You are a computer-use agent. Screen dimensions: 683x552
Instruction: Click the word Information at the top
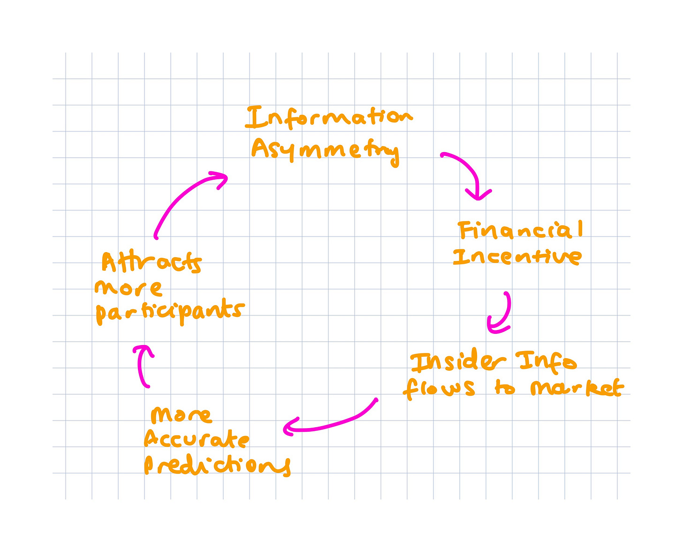tap(328, 117)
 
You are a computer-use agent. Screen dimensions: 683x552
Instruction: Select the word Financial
tap(521, 231)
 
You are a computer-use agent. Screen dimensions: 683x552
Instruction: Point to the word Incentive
tap(517, 257)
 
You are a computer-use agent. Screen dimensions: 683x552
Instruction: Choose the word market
tap(577, 388)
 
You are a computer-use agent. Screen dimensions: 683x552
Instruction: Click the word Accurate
tap(197, 440)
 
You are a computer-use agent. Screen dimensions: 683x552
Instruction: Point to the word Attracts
tap(152, 263)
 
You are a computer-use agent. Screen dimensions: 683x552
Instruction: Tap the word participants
tap(170, 312)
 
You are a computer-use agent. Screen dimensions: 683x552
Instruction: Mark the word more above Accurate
tap(181, 415)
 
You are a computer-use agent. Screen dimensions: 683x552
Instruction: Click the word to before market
tap(505, 389)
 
